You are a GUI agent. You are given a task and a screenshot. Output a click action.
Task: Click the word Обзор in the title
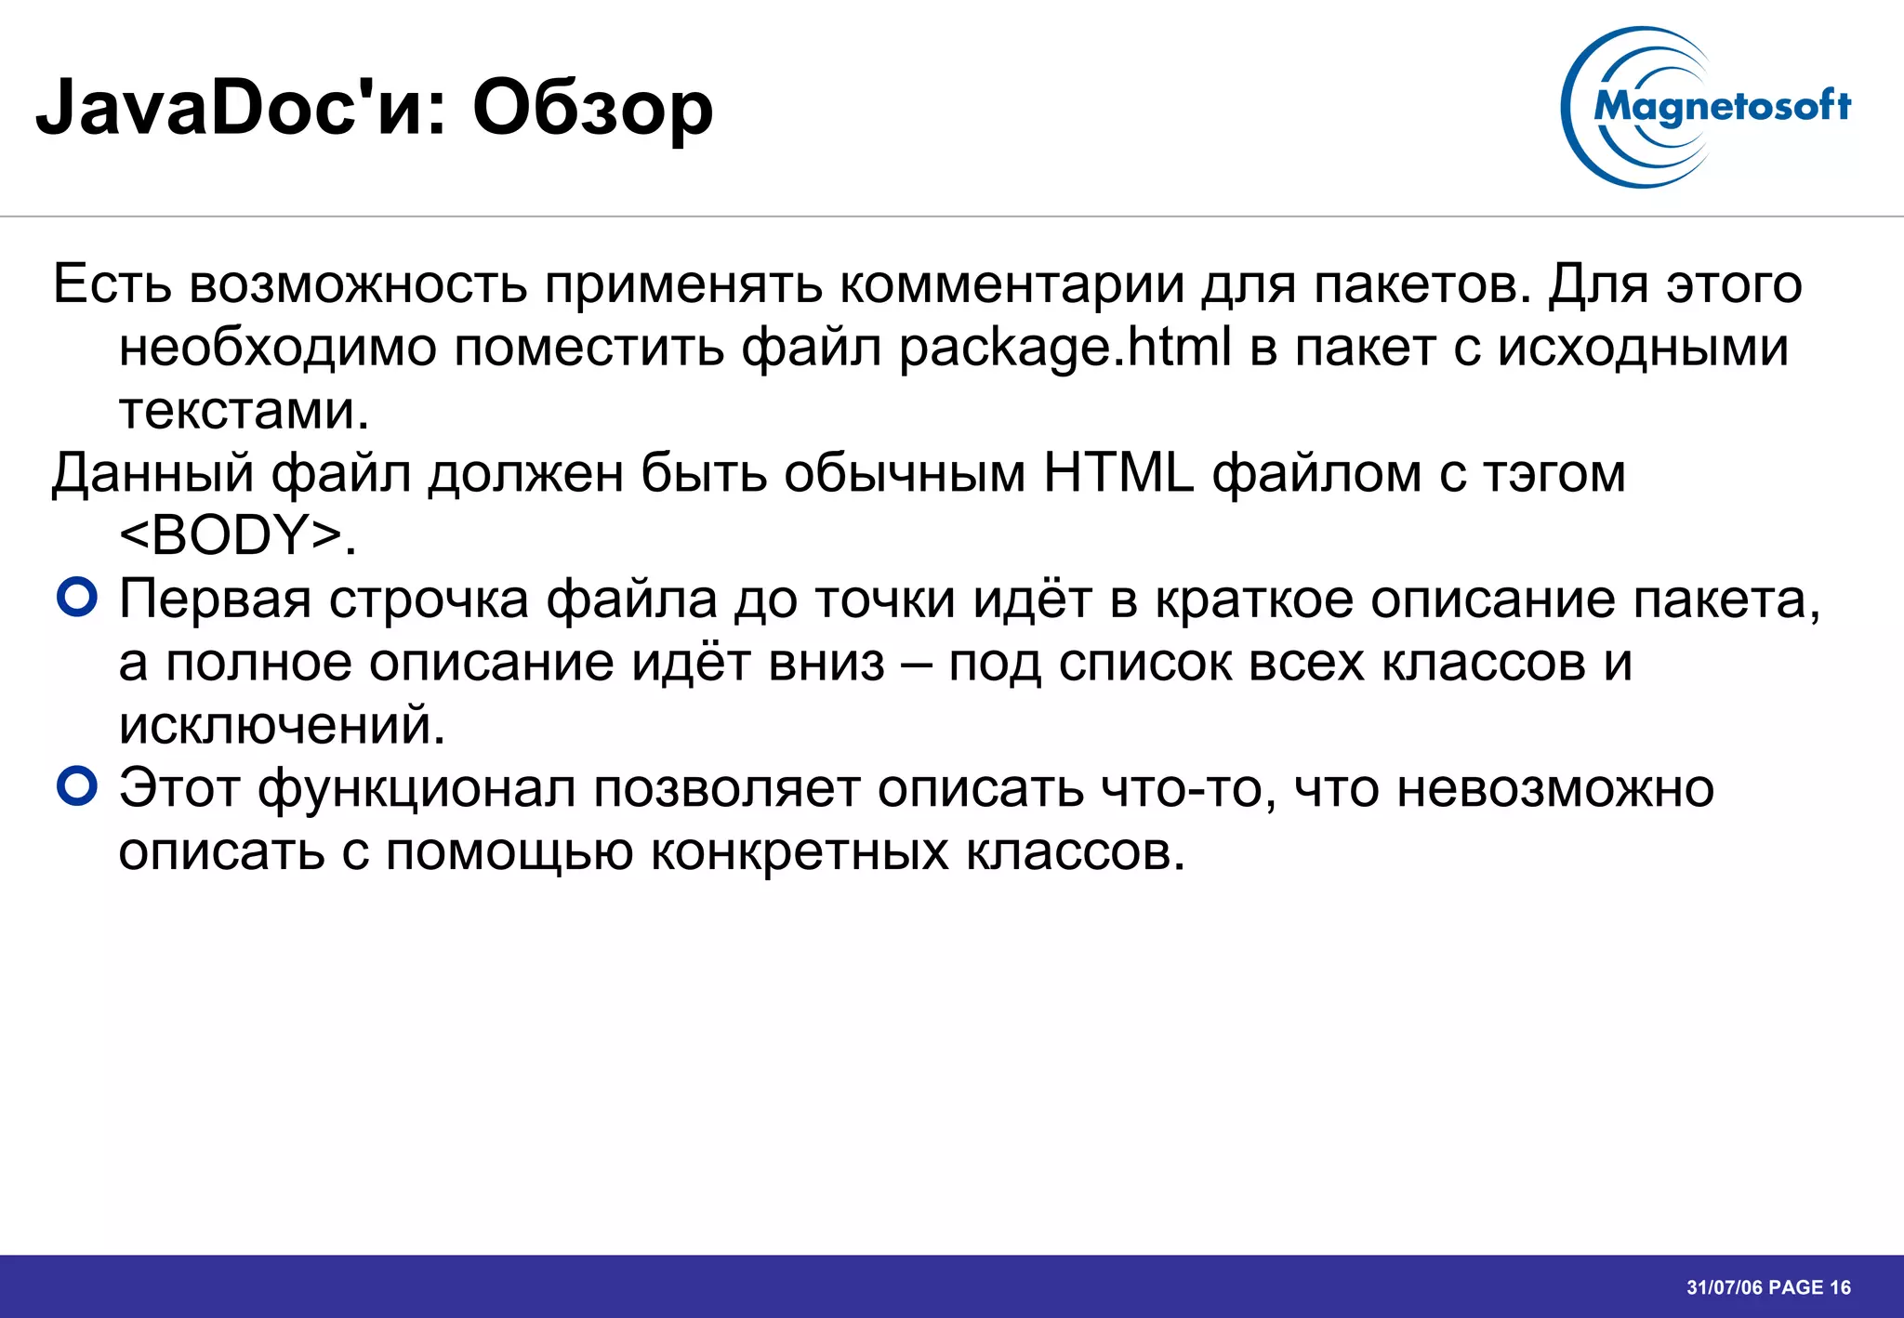(592, 109)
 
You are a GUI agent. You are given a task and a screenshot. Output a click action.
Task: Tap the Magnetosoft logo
(1707, 107)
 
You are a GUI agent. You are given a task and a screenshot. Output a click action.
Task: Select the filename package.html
(1064, 348)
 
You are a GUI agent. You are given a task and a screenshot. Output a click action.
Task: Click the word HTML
(1117, 473)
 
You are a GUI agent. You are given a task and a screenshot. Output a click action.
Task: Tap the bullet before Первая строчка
(76, 598)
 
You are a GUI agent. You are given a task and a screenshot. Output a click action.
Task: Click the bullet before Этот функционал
(76, 787)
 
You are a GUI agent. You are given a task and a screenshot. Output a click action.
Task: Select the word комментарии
(1012, 284)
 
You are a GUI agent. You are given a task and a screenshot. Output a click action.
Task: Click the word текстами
(236, 410)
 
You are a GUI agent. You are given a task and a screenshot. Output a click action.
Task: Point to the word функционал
(416, 789)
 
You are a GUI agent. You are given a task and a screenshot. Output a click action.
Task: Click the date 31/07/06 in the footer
(1725, 1287)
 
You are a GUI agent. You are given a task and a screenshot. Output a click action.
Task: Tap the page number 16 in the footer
(1840, 1287)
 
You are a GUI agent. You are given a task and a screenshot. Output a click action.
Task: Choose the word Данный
(152, 473)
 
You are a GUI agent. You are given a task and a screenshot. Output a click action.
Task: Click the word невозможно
(1555, 789)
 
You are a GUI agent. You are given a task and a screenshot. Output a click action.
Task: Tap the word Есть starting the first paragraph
(112, 284)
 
